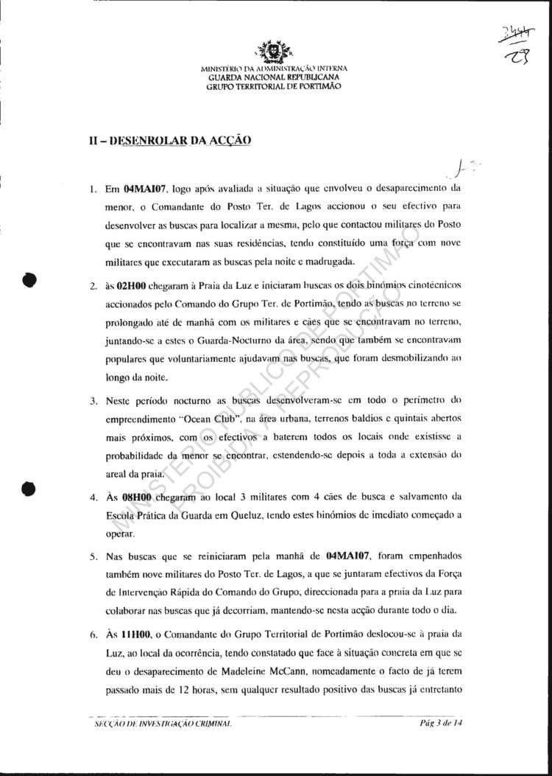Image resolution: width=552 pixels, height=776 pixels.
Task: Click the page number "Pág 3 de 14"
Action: click(444, 724)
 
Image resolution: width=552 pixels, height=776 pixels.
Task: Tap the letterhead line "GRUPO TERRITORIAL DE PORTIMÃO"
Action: click(273, 85)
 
